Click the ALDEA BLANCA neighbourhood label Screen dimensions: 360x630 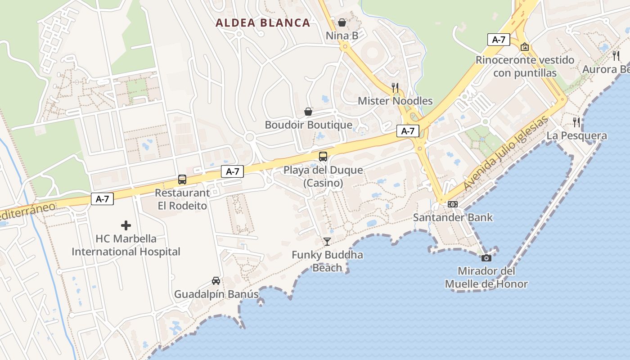coord(263,22)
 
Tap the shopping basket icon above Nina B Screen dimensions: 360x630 coord(342,22)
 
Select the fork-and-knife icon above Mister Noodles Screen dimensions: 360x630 coord(395,87)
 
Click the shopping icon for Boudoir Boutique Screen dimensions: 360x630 coord(308,112)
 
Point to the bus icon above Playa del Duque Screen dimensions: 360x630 coord(323,157)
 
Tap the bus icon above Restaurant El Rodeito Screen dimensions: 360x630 coord(182,180)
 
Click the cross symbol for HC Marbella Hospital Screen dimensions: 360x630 coord(126,225)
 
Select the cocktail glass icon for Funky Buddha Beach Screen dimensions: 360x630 coord(327,242)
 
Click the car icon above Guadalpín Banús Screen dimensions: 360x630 coord(216,281)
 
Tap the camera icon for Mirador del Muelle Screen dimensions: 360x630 coord(486,258)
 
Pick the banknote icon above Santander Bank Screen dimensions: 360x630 coord(453,204)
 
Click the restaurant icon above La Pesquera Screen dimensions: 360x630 coord(576,122)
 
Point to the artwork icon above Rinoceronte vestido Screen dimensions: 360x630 coord(525,47)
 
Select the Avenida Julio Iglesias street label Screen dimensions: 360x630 coord(506,153)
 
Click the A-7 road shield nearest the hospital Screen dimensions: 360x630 coord(102,199)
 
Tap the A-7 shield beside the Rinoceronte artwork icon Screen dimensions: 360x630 coord(499,40)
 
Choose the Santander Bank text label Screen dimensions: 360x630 coord(453,218)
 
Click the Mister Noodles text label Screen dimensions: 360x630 coord(395,101)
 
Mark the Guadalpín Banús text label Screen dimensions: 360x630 coord(216,294)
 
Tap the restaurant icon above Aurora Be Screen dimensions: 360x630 coord(616,56)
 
